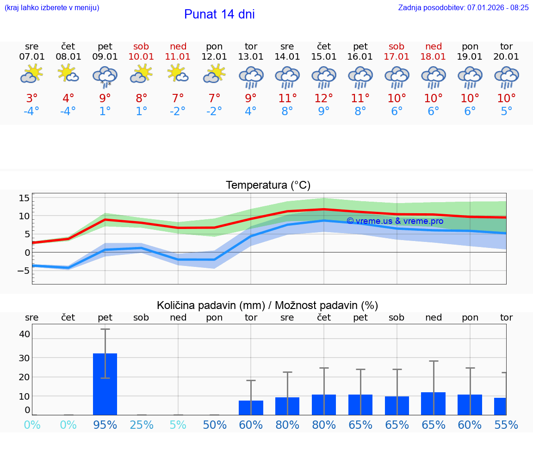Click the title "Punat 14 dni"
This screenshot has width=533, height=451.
(x=219, y=14)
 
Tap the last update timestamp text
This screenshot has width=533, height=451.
(x=463, y=7)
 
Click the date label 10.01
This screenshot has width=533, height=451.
(x=142, y=57)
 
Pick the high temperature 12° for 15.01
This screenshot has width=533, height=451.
(x=324, y=99)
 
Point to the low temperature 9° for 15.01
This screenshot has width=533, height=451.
(x=324, y=111)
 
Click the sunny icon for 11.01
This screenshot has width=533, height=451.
(x=178, y=74)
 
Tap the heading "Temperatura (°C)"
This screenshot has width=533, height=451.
(x=268, y=185)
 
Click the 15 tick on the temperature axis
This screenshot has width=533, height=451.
(x=24, y=198)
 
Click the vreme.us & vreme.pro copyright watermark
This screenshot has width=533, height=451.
(x=395, y=221)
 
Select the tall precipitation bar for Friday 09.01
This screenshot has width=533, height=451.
(x=105, y=384)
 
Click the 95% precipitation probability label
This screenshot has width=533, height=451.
(x=105, y=425)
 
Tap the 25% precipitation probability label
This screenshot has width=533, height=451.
(x=142, y=425)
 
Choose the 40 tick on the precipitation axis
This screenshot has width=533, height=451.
(x=25, y=334)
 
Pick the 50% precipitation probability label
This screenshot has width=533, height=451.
(x=215, y=425)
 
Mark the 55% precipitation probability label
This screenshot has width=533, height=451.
(x=506, y=425)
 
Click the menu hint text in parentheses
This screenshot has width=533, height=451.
(x=52, y=7)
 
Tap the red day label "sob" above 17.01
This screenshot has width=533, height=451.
(x=397, y=46)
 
